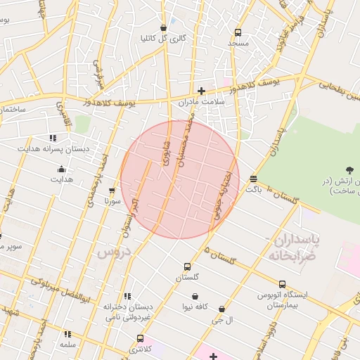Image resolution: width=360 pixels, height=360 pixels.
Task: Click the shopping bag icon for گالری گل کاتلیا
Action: coord(163,27)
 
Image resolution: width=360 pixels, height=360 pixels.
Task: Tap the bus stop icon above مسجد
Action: coord(238,32)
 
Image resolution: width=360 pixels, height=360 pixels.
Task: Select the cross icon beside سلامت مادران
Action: coord(201,90)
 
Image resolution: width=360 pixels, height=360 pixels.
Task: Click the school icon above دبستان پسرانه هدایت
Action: coord(52,138)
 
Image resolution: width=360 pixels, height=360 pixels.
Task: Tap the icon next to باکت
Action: coord(253,179)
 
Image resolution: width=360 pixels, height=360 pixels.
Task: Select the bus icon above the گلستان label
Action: coord(186,266)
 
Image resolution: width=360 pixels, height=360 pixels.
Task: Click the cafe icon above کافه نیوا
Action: coord(194,296)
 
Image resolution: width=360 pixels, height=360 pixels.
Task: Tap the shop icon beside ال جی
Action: coord(222,309)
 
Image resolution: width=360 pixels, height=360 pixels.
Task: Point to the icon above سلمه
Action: coord(68,335)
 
